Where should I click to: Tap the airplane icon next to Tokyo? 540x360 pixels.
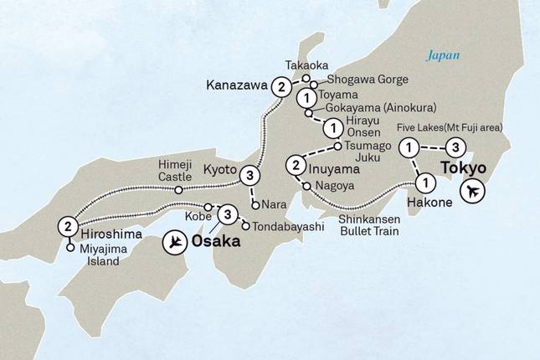(473, 192)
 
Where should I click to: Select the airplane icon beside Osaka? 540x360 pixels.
(176, 242)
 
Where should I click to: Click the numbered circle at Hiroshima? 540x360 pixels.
(67, 226)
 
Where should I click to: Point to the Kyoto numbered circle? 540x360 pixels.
(249, 176)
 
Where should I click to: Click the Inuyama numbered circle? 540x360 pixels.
(295, 164)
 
